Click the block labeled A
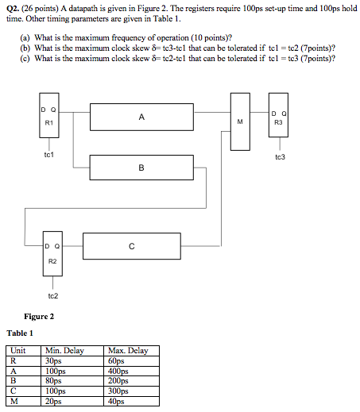[x=141, y=117]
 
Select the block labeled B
[x=141, y=167]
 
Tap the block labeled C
[x=131, y=246]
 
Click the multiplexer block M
[x=239, y=121]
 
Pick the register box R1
[x=48, y=120]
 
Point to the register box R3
[x=279, y=122]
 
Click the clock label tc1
[x=49, y=155]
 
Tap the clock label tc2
[x=52, y=295]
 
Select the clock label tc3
[x=280, y=157]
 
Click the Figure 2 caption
[x=39, y=316]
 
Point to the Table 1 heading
[x=21, y=333]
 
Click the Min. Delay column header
[x=65, y=351]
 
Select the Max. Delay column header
[x=126, y=351]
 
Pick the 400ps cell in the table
[x=118, y=371]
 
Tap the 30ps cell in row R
[x=55, y=360]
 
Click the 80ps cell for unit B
[x=55, y=381]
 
